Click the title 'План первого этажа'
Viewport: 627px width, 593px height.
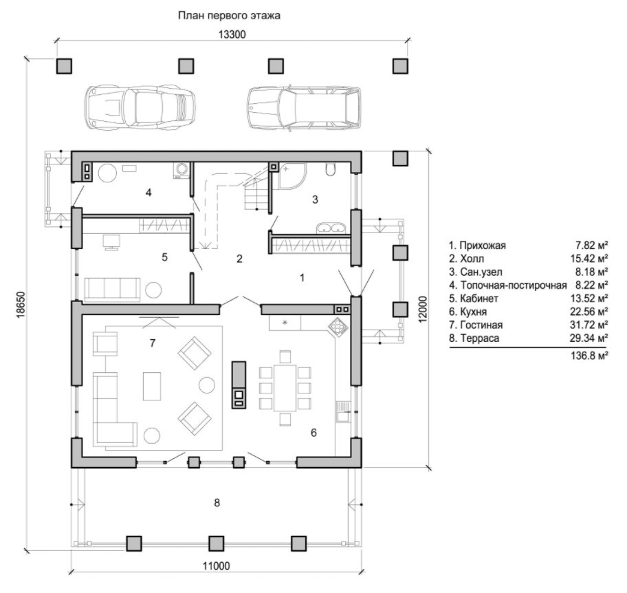click(x=229, y=16)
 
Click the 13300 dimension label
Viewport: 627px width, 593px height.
click(x=232, y=34)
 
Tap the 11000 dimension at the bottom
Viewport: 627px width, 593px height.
click(x=217, y=565)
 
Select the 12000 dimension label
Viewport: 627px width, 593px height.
click(x=423, y=309)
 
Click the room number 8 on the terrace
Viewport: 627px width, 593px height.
click(x=217, y=503)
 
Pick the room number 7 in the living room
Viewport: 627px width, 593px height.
click(x=153, y=343)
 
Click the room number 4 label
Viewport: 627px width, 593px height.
click(x=148, y=193)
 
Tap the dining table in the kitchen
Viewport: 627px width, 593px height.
click(x=285, y=388)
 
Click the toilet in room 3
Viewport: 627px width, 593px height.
click(x=331, y=169)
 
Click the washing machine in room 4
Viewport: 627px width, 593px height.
click(x=181, y=170)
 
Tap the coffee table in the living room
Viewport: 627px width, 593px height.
click(x=152, y=386)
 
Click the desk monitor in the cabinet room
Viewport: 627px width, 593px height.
click(x=111, y=242)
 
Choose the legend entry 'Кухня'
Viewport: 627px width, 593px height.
click(x=474, y=312)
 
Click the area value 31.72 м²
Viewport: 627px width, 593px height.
click(x=589, y=325)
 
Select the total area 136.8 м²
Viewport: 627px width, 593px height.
click(x=589, y=356)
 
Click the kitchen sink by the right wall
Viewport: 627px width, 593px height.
click(x=343, y=411)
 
